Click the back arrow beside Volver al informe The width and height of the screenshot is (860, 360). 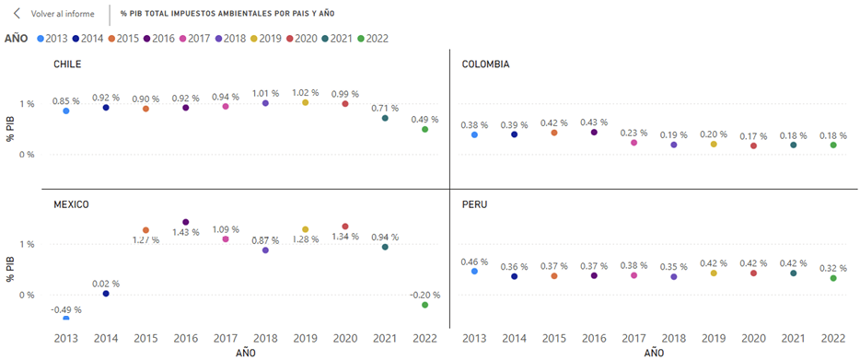[x=17, y=14]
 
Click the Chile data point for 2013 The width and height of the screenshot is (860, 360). [x=66, y=110]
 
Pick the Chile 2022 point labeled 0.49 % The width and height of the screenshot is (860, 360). [x=425, y=129]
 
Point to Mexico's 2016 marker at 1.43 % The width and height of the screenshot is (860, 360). [x=185, y=222]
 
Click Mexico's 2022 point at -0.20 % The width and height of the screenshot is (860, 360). [x=425, y=305]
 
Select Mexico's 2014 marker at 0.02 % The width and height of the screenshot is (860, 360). [x=106, y=294]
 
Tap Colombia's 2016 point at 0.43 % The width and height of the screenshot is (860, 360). [x=594, y=133]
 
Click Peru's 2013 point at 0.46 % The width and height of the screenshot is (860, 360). [x=474, y=271]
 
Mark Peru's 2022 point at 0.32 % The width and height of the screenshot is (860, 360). [x=833, y=278]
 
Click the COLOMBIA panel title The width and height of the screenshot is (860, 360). [x=486, y=64]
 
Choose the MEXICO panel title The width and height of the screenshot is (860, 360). [x=71, y=204]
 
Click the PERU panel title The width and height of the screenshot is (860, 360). [x=472, y=204]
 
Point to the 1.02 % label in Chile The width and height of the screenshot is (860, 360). [x=306, y=93]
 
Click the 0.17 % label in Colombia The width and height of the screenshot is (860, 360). [x=753, y=135]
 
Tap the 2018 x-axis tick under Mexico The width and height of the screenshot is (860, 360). [x=265, y=338]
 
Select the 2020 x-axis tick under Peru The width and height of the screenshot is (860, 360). [x=753, y=338]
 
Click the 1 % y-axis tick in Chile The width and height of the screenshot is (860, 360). [x=28, y=104]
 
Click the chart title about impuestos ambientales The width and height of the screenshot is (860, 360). [x=227, y=14]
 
